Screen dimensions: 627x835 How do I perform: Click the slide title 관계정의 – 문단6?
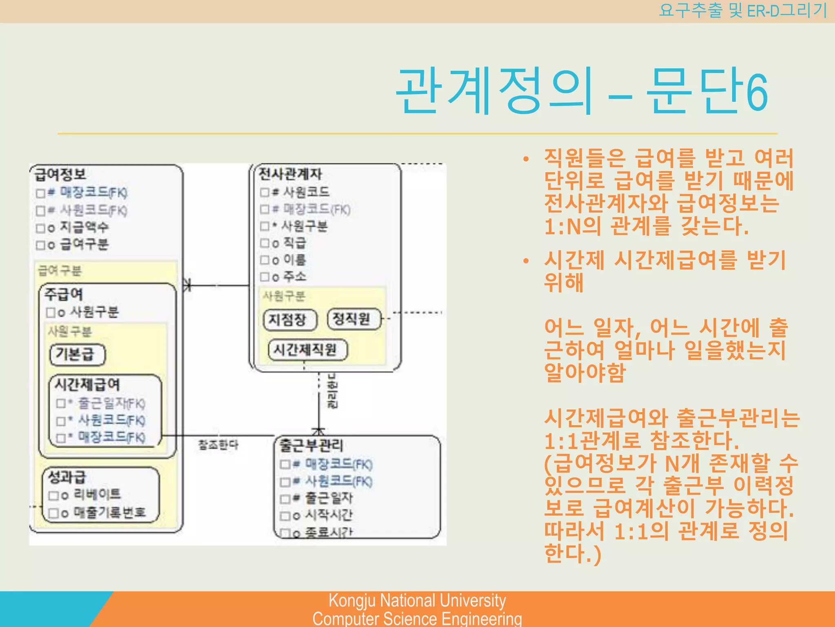click(x=582, y=92)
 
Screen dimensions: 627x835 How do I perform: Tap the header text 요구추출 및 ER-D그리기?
click(x=742, y=11)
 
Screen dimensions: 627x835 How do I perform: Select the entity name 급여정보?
click(x=60, y=174)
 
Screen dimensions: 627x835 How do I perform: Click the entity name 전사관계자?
click(x=290, y=174)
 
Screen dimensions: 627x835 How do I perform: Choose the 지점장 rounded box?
click(x=290, y=320)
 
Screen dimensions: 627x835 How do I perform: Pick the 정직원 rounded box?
click(x=353, y=319)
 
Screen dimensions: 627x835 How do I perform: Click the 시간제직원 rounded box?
click(x=307, y=350)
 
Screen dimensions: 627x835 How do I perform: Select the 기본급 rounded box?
click(x=77, y=354)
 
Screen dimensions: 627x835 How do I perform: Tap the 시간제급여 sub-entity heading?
click(x=87, y=385)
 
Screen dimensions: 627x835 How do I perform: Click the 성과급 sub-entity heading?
click(x=67, y=477)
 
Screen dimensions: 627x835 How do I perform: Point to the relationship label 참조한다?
click(x=218, y=445)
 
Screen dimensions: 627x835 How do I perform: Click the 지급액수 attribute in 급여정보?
click(x=84, y=227)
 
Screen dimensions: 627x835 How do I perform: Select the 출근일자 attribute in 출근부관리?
click(x=329, y=498)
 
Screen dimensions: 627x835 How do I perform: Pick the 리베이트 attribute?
click(x=97, y=495)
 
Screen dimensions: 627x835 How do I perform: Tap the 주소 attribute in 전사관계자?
click(x=295, y=277)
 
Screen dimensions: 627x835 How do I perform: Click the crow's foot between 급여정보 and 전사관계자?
click(x=187, y=285)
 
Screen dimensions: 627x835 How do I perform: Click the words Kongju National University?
click(x=417, y=601)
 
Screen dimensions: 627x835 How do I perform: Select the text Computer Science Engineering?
click(x=417, y=618)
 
